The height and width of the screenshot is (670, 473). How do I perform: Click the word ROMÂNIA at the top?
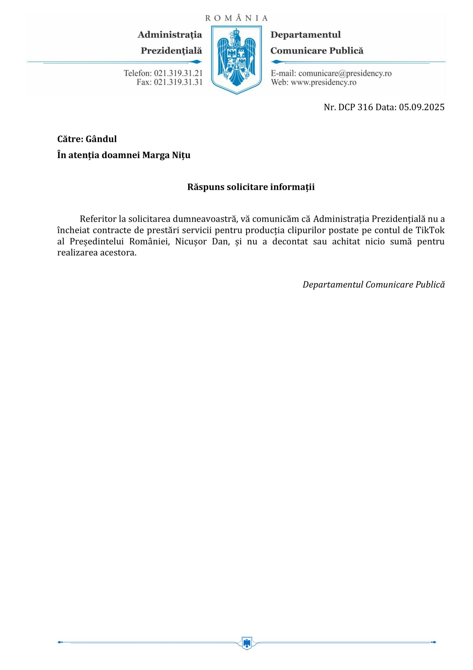point(236,18)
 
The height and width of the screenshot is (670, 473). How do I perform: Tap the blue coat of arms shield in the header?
point(236,59)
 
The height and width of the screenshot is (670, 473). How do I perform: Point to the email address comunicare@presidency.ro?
point(345,73)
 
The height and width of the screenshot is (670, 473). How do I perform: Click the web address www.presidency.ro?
point(324,82)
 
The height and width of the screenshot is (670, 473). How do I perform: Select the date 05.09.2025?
point(422,107)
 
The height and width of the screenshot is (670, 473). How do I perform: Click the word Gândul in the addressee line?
point(101,139)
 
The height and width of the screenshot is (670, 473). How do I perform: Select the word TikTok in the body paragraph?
point(430,230)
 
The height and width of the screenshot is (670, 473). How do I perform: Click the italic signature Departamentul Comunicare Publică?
point(374,284)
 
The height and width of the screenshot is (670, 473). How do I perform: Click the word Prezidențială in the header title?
point(171,51)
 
